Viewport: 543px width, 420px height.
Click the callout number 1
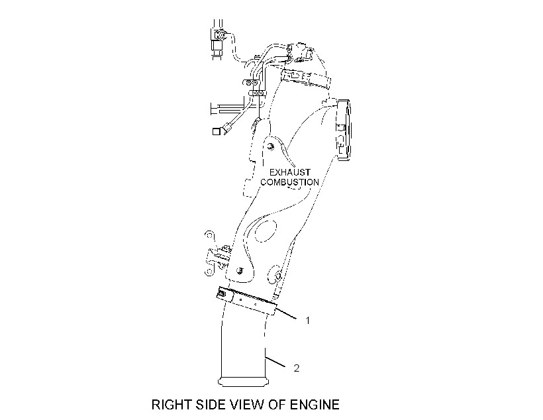(307, 321)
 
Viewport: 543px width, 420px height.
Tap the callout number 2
(297, 368)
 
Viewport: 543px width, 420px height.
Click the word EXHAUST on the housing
(290, 172)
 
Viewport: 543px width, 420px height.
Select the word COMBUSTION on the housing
(290, 182)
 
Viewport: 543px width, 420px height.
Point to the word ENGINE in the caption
(315, 405)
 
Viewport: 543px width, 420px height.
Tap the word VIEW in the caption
(247, 405)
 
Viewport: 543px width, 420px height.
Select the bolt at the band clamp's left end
(222, 295)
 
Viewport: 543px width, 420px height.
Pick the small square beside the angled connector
(217, 131)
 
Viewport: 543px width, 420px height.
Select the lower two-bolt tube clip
(258, 93)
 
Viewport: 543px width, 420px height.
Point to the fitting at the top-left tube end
(219, 35)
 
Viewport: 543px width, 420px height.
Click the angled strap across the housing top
(305, 78)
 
